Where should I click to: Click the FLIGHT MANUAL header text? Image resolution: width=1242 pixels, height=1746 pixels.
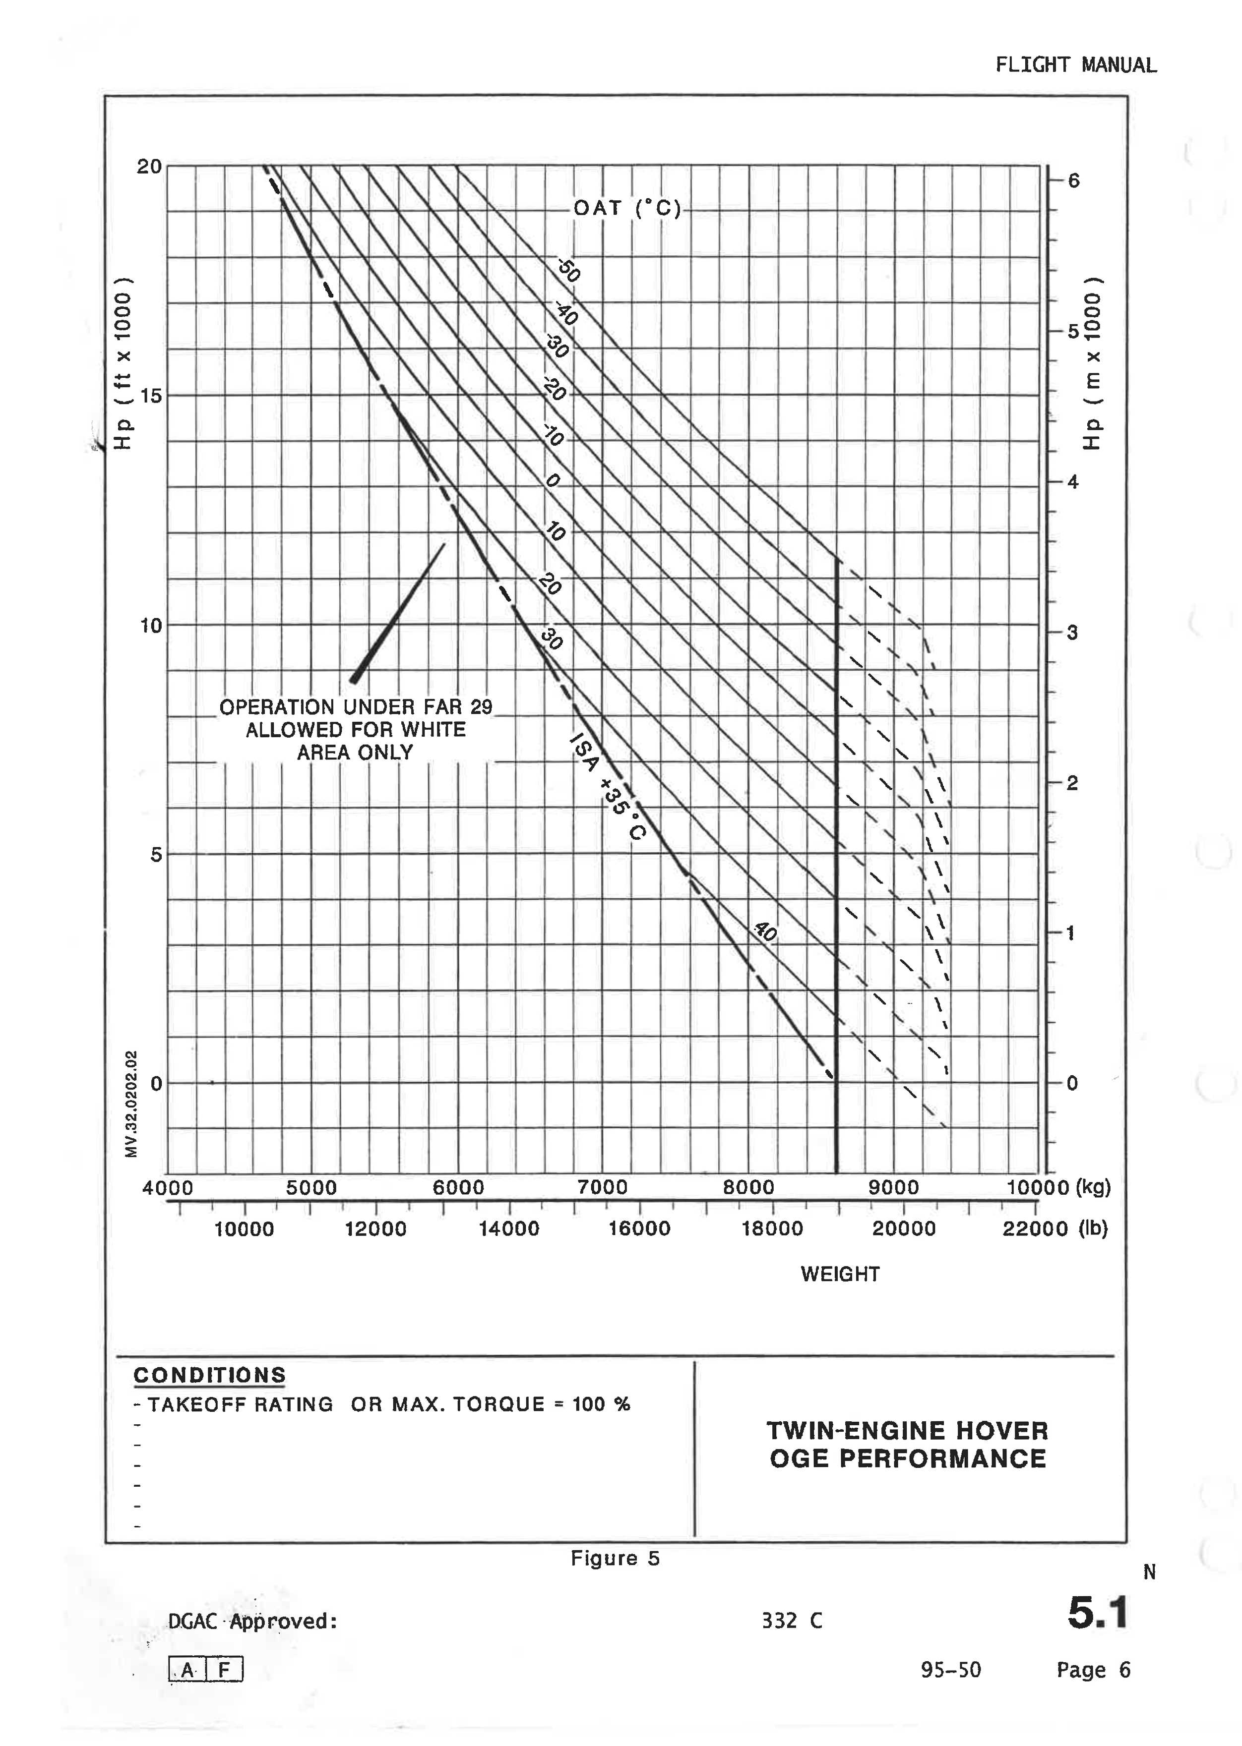[x=1075, y=65]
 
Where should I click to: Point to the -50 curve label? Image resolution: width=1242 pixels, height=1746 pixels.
[x=568, y=271]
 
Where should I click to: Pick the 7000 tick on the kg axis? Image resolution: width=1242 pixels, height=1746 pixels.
[x=603, y=1187]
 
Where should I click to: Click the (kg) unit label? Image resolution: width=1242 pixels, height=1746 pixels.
[x=1093, y=1187]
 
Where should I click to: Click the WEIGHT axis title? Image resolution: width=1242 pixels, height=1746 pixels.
[x=840, y=1275]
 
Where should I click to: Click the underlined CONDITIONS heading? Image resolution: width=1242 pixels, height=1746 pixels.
[x=209, y=1375]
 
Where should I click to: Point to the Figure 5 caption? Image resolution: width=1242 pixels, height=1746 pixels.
[x=615, y=1559]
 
